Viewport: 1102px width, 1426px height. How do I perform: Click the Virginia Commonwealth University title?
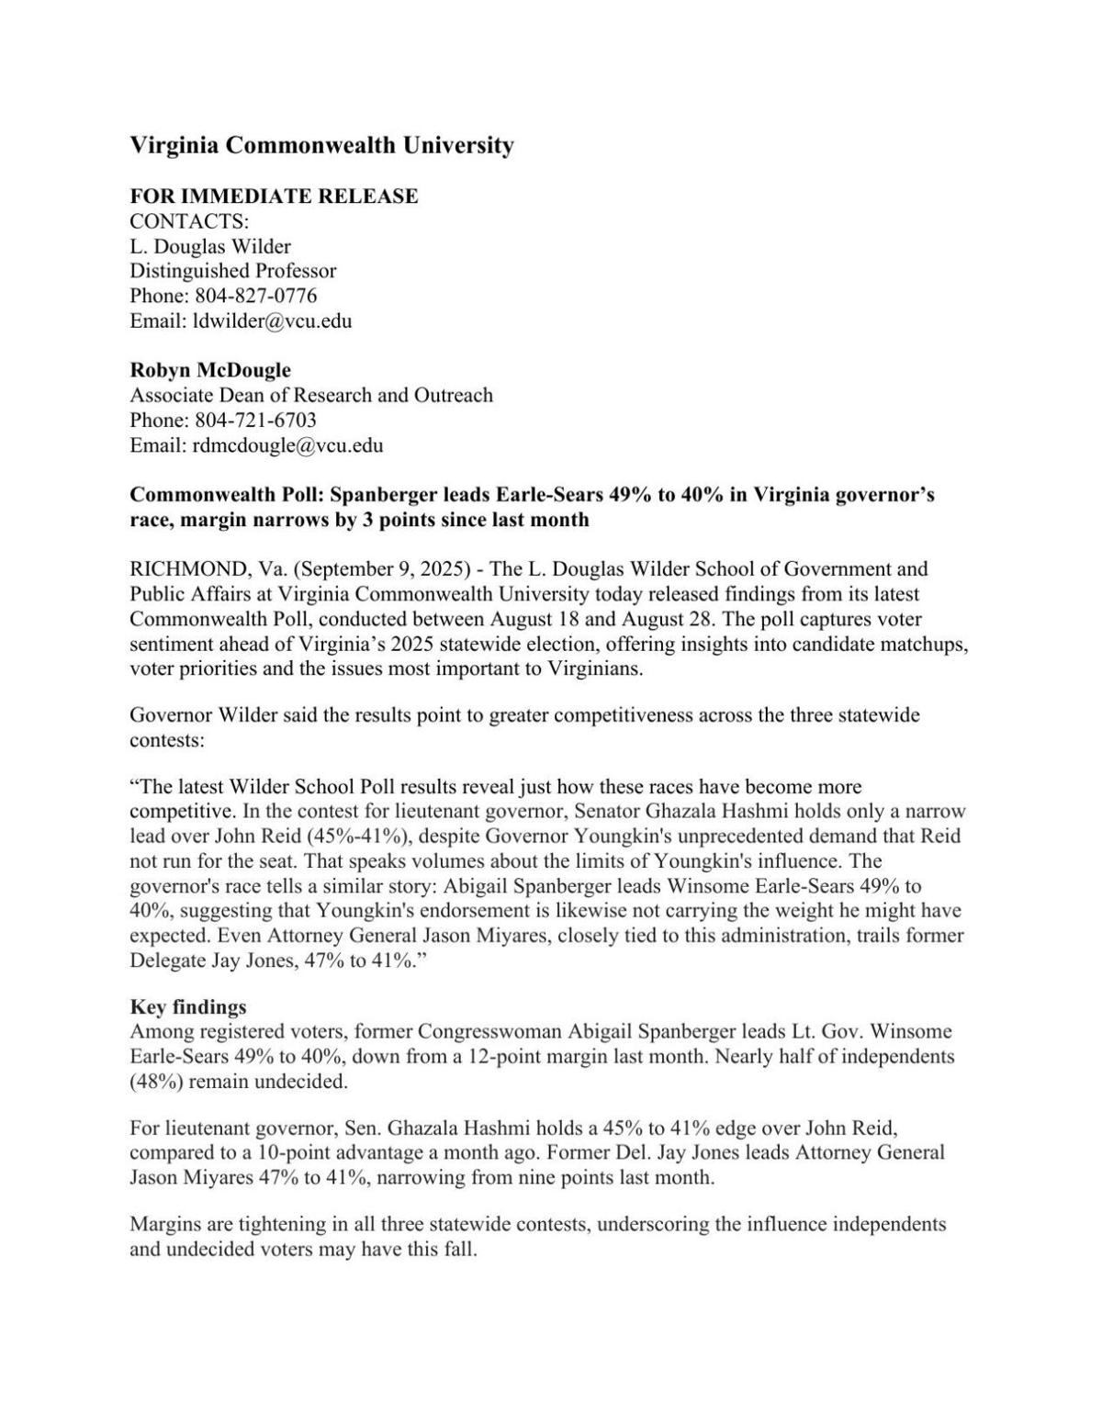321,145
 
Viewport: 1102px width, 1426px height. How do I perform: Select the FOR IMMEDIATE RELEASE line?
274,196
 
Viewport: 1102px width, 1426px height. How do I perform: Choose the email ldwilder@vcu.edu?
271,320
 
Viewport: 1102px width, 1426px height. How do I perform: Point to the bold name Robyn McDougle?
210,370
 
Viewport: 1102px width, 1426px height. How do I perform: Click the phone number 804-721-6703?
255,421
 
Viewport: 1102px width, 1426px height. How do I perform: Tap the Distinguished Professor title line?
232,271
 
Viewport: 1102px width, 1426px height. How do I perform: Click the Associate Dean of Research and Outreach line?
310,396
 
